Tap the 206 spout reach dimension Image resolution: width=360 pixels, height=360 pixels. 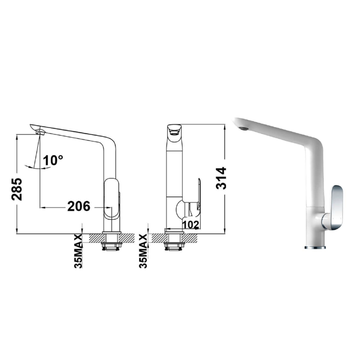click(79, 207)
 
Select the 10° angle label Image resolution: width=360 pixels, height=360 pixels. click(53, 160)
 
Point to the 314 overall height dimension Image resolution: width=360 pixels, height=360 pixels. click(221, 178)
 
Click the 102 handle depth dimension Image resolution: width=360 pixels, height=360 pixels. click(191, 224)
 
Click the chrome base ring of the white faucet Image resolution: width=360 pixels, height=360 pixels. click(316, 246)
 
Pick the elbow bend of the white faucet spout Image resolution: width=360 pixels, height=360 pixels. click(316, 146)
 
